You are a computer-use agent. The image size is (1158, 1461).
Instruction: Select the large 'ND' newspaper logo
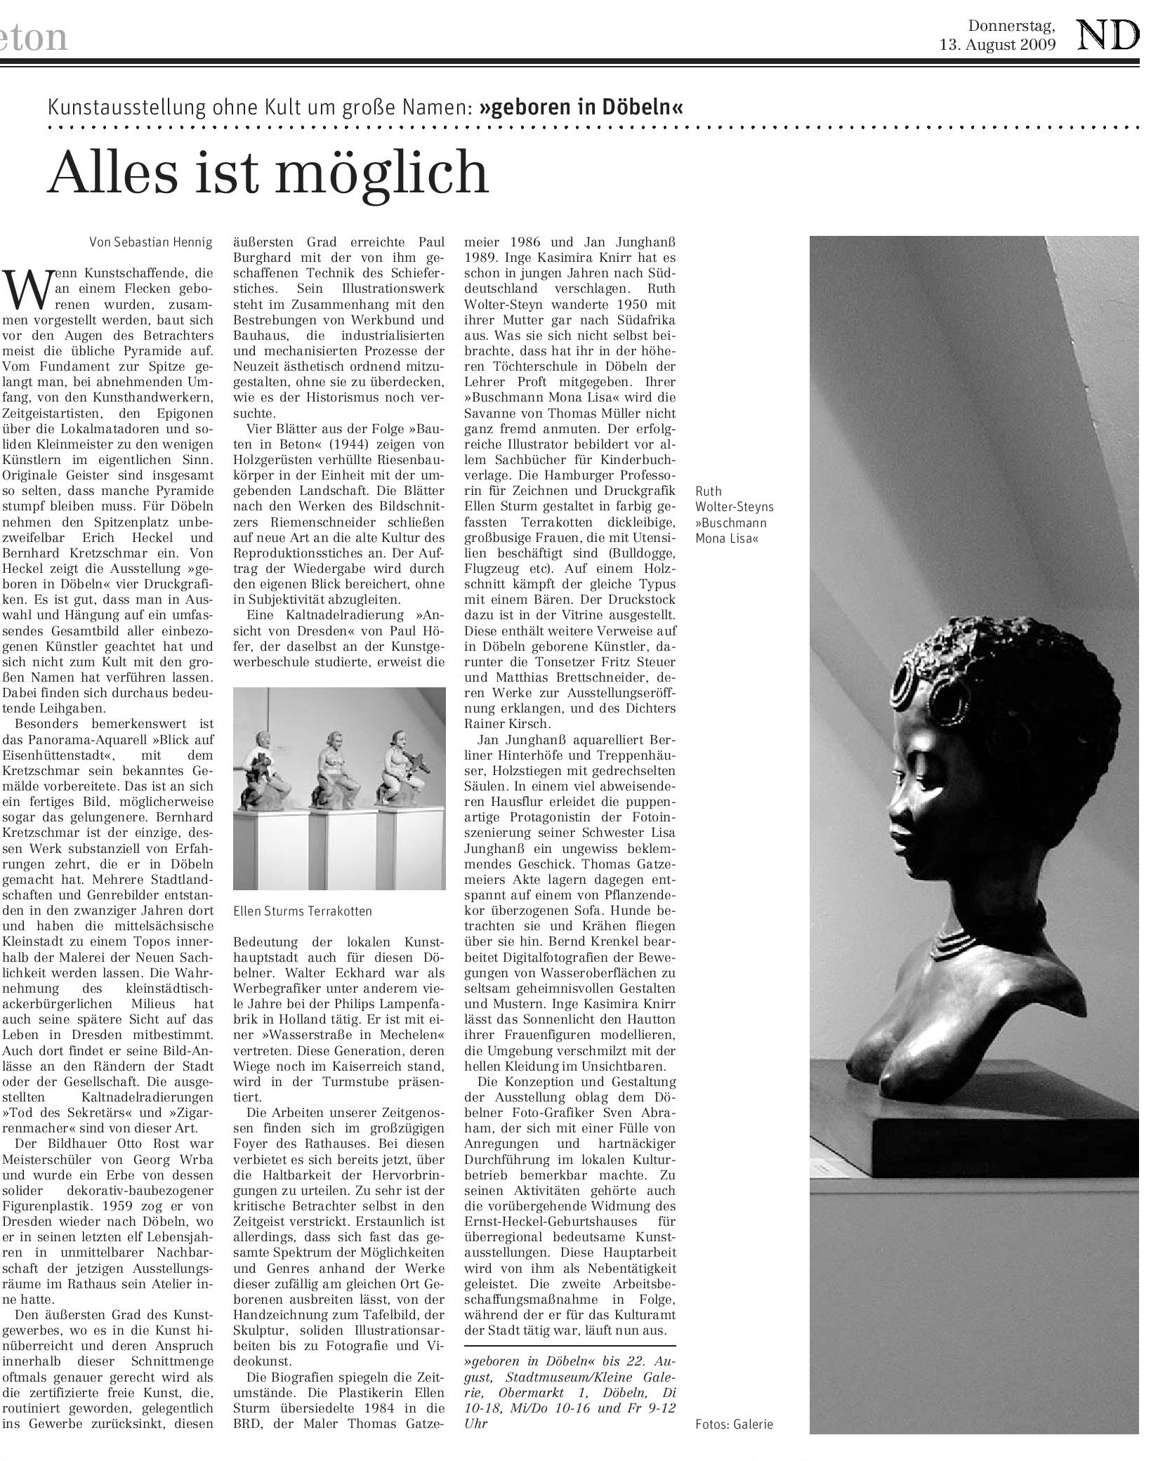point(1107,35)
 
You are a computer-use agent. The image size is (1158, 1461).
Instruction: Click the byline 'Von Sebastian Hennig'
point(151,243)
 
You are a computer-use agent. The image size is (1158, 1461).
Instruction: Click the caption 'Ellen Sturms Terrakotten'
point(303,911)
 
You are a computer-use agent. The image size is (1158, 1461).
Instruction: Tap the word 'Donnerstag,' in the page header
point(1011,27)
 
